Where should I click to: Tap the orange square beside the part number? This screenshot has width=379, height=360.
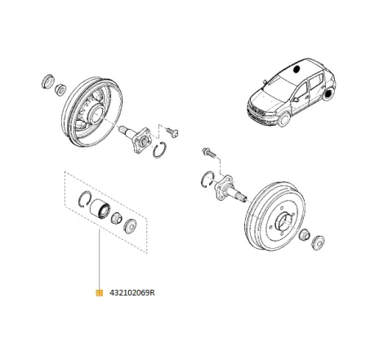[x=99, y=292]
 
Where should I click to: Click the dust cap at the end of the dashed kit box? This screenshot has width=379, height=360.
[x=130, y=224]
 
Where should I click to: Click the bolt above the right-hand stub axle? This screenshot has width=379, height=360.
[x=207, y=153]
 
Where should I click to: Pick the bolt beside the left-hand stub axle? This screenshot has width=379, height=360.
[x=174, y=130]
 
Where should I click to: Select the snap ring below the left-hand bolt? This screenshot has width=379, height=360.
[x=162, y=149]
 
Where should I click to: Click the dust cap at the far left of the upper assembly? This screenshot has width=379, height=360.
[x=47, y=82]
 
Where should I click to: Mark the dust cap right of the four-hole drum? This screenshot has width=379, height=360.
[x=317, y=241]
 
